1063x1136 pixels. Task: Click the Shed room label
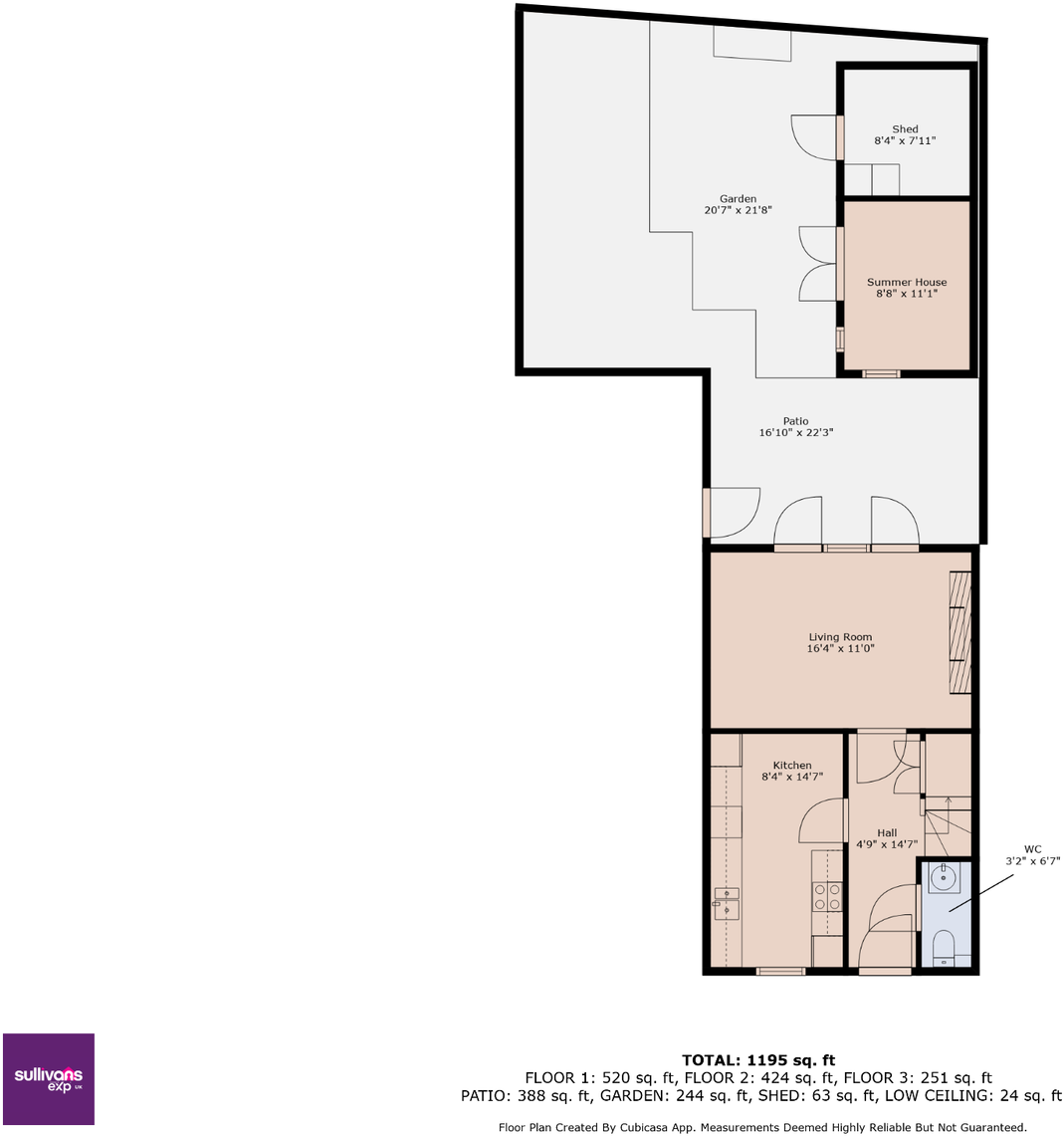tap(905, 129)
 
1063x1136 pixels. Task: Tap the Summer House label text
tap(907, 282)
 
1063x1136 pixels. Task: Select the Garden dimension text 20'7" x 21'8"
tap(738, 210)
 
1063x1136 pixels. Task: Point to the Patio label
tap(795, 421)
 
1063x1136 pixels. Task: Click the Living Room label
tap(840, 637)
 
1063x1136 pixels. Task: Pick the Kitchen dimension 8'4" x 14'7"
tap(792, 777)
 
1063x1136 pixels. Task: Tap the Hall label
tap(887, 833)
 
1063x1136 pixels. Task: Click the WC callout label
tap(1032, 849)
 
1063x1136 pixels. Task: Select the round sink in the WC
tap(944, 877)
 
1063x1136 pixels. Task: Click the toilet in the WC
tap(944, 948)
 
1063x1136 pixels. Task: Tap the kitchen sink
tap(727, 903)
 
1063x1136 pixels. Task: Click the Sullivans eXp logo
tap(49, 1079)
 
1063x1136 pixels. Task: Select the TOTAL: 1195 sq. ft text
tap(758, 1060)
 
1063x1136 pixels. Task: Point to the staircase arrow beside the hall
tap(949, 815)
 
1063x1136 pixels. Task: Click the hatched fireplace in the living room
tap(960, 632)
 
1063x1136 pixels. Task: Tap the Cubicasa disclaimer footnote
tap(762, 1127)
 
